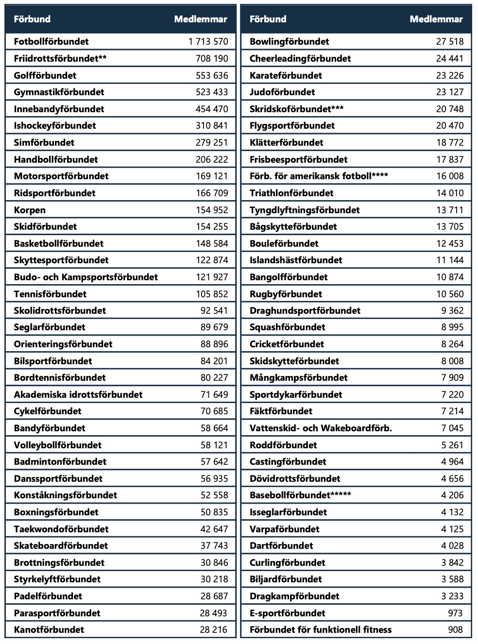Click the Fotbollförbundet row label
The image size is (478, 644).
click(x=51, y=42)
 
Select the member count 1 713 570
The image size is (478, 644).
click(x=208, y=42)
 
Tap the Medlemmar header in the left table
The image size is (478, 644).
click(x=201, y=19)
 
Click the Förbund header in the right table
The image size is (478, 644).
click(x=268, y=19)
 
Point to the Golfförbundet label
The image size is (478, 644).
click(x=45, y=75)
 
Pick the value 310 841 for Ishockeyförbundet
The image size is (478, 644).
click(x=211, y=126)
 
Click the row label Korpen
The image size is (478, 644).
click(x=30, y=210)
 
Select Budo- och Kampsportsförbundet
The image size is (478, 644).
click(x=85, y=277)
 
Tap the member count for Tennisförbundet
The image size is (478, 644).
click(x=211, y=294)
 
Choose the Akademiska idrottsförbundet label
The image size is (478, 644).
click(x=78, y=394)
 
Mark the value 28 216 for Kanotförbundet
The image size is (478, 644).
click(x=213, y=629)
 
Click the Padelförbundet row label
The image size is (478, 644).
click(x=48, y=596)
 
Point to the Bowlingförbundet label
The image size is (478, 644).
click(x=289, y=42)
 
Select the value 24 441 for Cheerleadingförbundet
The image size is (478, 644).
click(x=450, y=58)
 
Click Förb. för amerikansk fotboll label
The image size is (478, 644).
click(x=318, y=176)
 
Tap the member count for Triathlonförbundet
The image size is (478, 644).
click(x=450, y=193)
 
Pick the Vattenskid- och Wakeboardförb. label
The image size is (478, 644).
click(x=321, y=428)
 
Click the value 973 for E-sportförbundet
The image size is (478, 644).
click(x=456, y=613)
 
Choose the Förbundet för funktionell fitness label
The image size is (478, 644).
click(x=321, y=629)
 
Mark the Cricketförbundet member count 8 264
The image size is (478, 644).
click(x=452, y=344)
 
